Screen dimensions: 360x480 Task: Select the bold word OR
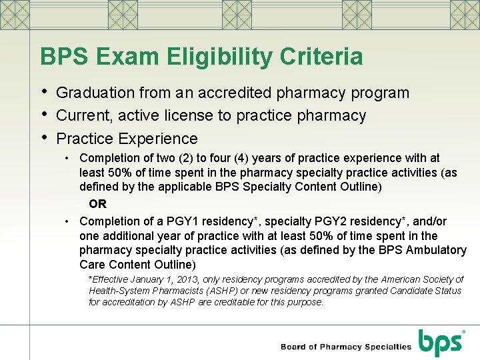[97, 204]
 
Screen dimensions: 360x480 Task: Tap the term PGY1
[178, 221]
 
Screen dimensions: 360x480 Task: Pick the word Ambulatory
[436, 250]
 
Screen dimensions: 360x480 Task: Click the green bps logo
[441, 342]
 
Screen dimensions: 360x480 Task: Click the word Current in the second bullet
[85, 115]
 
